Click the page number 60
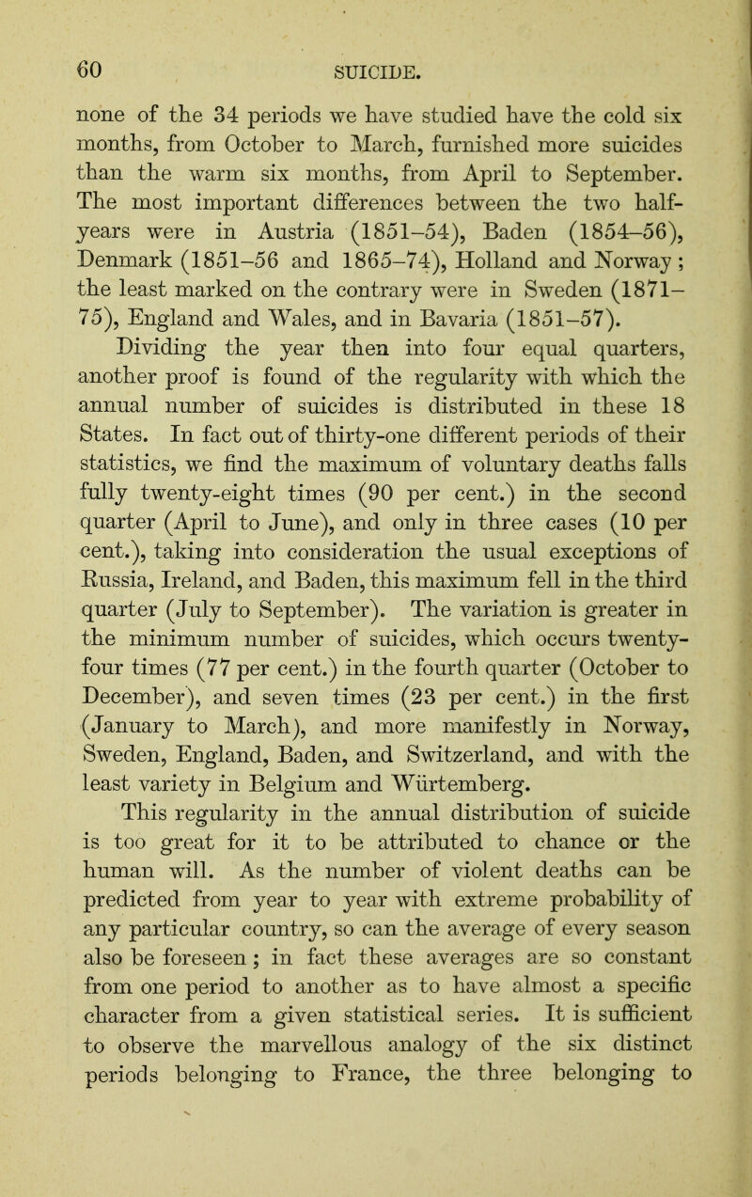pyautogui.click(x=65, y=44)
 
